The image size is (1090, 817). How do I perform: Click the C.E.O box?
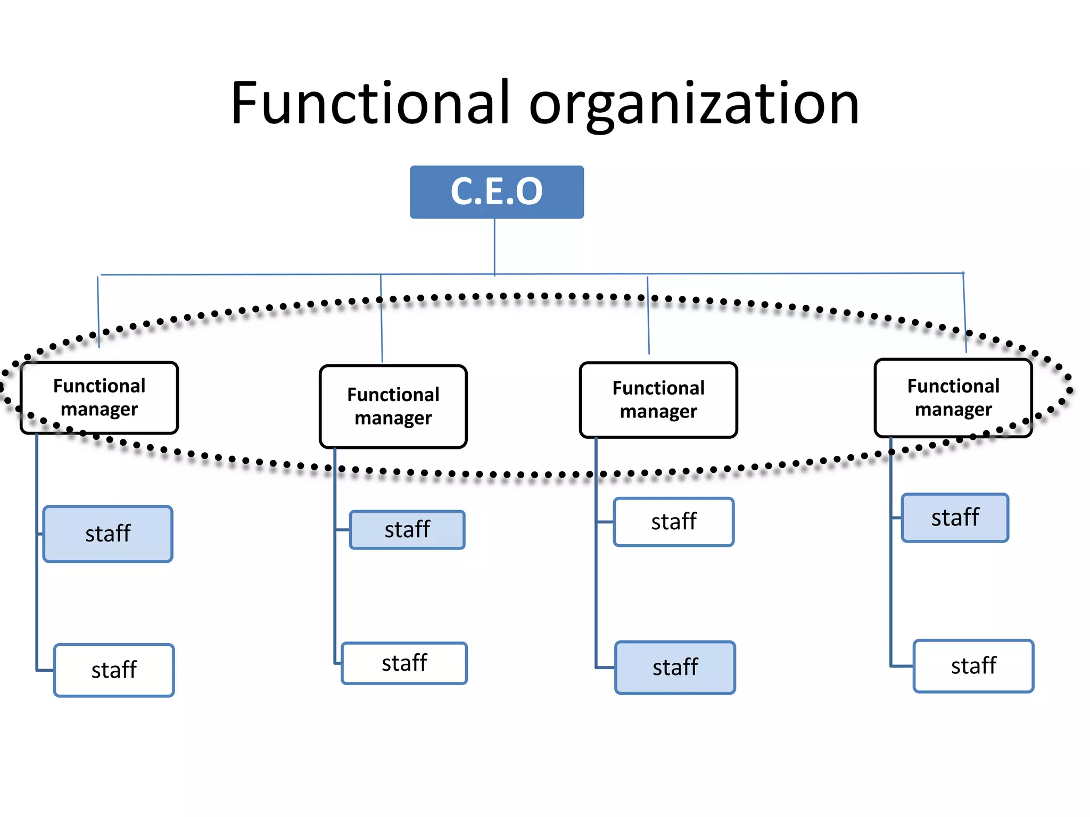[x=497, y=191]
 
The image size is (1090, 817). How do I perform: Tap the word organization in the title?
[x=694, y=105]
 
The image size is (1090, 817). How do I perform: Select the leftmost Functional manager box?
[x=99, y=398]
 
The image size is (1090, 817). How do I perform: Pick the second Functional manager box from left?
[x=393, y=406]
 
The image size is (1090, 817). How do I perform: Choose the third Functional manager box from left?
[x=658, y=400]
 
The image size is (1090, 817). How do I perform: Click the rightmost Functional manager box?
[x=953, y=398]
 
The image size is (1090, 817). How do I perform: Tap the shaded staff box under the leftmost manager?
[x=108, y=534]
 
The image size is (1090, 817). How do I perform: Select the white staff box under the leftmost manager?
[x=114, y=670]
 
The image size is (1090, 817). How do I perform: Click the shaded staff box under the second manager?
[x=407, y=530]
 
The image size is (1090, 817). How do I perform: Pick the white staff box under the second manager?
[x=404, y=663]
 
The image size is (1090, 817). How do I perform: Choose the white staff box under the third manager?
[x=674, y=522]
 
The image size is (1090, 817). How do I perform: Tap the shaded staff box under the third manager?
[x=675, y=668]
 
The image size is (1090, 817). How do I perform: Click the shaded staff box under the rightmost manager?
[x=955, y=518]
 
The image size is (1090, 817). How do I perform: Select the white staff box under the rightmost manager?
[x=973, y=666]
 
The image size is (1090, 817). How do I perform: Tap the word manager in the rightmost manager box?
[x=953, y=410]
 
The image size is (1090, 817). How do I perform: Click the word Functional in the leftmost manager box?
[x=99, y=386]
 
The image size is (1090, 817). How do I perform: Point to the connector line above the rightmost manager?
[x=964, y=314]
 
